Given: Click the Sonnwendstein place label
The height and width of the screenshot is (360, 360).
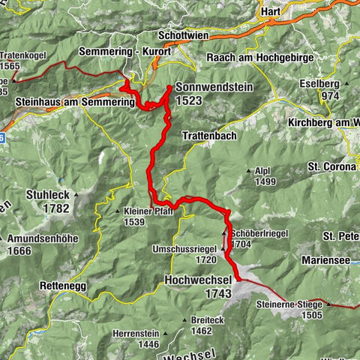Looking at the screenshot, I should [x=214, y=87].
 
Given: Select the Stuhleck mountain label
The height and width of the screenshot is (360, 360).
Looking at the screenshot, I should [x=48, y=194].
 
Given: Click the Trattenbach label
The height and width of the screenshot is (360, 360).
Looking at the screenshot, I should [x=211, y=136].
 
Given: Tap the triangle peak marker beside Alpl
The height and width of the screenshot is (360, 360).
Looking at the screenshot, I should [x=249, y=171].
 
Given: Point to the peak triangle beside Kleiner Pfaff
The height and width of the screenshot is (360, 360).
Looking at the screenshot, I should [x=118, y=211].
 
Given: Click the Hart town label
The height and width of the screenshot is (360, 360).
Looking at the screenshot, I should [x=269, y=12].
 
